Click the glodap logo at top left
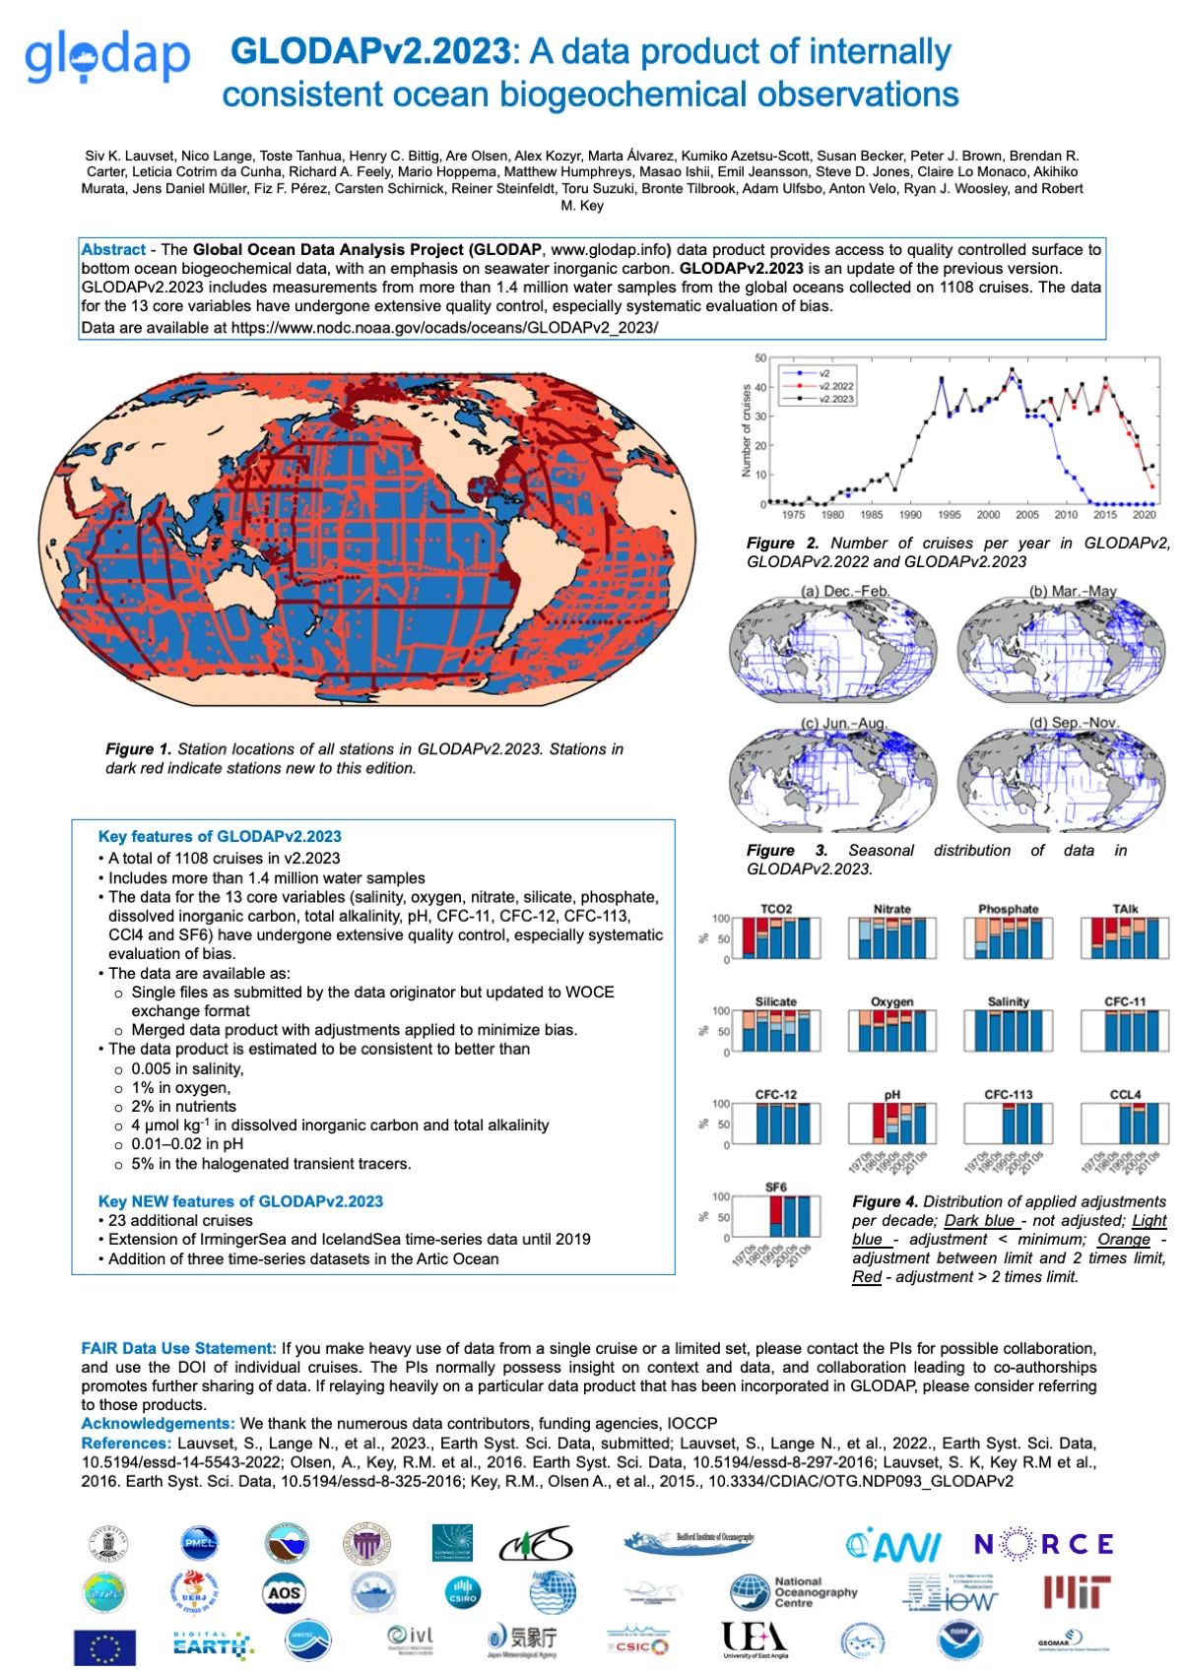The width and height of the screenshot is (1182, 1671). [107, 57]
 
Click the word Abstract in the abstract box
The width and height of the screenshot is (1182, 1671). [113, 250]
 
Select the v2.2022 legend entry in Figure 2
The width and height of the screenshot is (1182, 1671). [836, 386]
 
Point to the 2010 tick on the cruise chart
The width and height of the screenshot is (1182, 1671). [1066, 514]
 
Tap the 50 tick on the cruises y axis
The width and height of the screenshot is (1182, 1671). [760, 358]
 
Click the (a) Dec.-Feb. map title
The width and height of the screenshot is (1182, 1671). [844, 591]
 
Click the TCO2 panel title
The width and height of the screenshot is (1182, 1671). [776, 909]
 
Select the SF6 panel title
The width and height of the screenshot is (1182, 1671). [776, 1188]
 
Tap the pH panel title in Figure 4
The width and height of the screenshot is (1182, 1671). [891, 1095]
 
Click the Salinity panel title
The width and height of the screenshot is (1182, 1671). [1009, 1001]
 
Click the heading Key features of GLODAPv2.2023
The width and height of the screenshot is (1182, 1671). [220, 837]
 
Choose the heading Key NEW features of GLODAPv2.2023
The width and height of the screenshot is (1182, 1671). [240, 1201]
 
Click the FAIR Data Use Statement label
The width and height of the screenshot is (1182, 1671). [178, 1348]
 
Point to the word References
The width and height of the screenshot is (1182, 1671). [126, 1443]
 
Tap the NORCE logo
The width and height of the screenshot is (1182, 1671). [1043, 1544]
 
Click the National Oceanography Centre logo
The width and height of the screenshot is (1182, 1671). [794, 1591]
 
